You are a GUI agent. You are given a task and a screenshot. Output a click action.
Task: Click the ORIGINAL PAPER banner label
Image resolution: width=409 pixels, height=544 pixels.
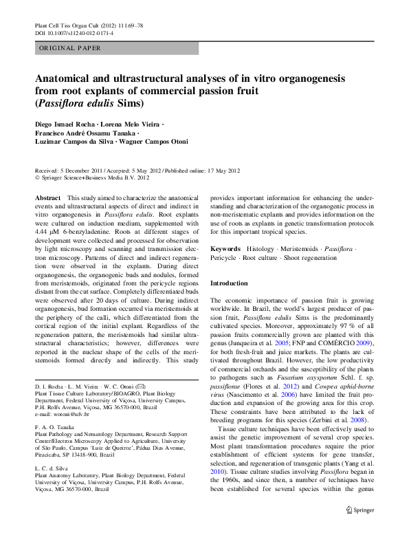point(69,48)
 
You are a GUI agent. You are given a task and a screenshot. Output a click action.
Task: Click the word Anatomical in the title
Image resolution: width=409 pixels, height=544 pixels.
point(67,79)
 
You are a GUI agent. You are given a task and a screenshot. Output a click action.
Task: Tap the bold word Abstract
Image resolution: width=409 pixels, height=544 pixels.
point(47,197)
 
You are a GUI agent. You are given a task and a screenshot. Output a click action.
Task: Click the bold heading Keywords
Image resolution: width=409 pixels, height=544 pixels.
point(226,248)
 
